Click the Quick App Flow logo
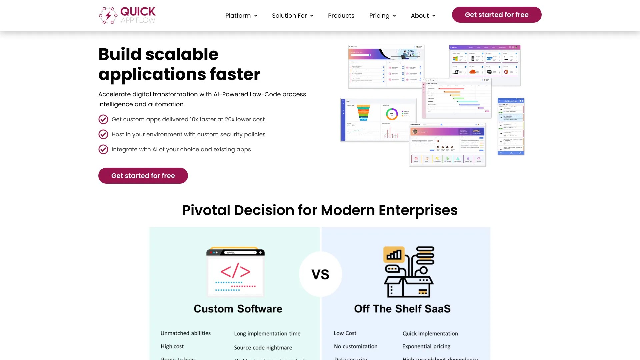coord(127,15)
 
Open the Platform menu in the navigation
coord(241,16)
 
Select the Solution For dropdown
coord(292,16)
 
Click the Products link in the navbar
coord(341,16)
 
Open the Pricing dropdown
coord(382,16)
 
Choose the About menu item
coord(423,16)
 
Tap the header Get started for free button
coord(496,15)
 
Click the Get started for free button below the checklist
coord(143,176)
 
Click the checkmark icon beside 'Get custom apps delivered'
coord(103,119)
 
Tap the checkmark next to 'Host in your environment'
coord(103,134)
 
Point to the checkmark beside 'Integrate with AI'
coord(103,149)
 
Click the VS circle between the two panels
coord(320,274)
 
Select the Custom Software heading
coord(238,309)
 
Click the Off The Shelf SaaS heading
coord(402,309)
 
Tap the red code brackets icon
coord(235,271)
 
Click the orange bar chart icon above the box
coord(394,255)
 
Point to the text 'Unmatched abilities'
coord(186,333)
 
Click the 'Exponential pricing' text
coord(426,346)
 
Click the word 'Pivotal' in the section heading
coord(206,210)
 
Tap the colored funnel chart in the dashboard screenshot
coord(363,113)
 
